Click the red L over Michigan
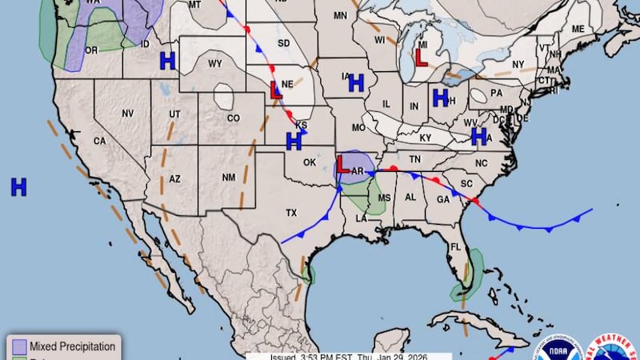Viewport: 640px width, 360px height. tap(421, 58)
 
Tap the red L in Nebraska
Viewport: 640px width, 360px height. tap(276, 90)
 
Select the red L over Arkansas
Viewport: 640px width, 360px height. tap(342, 165)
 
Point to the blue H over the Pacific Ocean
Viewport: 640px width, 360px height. tap(18, 187)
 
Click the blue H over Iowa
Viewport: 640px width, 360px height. tap(356, 82)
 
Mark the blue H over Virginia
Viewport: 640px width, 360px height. tap(479, 137)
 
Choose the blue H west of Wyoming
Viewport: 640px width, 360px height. tap(167, 60)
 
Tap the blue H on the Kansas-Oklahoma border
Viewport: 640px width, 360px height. tap(294, 142)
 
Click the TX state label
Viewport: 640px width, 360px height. tap(291, 213)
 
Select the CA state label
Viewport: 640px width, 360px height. tap(100, 141)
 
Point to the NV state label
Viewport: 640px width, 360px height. tap(127, 114)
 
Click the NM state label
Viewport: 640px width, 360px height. tap(227, 177)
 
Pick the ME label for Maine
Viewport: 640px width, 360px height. tap(578, 30)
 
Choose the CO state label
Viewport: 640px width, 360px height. tap(233, 118)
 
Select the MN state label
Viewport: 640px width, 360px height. tap(340, 15)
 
